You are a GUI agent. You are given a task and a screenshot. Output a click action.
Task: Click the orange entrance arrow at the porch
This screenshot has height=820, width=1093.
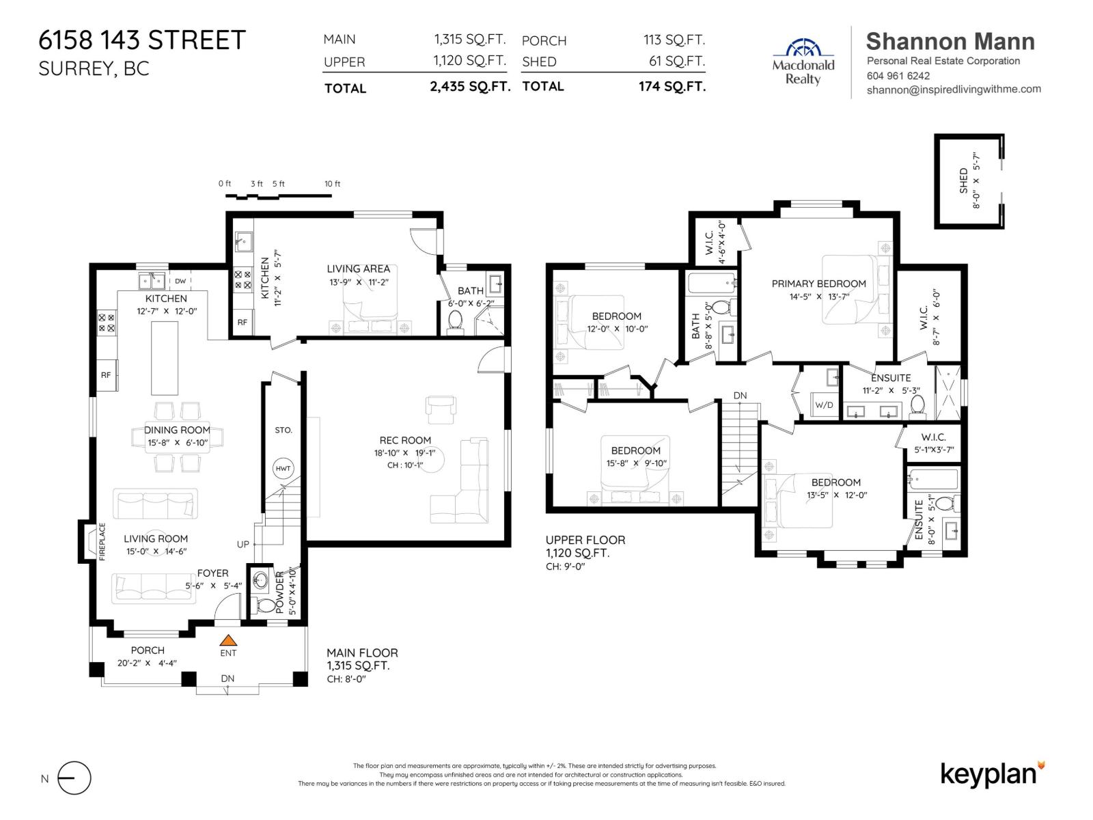coord(228,640)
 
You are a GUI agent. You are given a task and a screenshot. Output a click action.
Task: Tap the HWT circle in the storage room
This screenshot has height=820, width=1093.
coord(283,469)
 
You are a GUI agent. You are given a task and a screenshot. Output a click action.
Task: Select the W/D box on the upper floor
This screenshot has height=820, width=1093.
coord(824,405)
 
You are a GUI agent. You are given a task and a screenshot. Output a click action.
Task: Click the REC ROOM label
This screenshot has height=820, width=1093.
coord(405,441)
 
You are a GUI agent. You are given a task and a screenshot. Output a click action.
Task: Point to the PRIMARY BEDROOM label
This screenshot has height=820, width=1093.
coord(818,284)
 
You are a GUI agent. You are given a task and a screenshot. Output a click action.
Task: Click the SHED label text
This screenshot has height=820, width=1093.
coord(963,180)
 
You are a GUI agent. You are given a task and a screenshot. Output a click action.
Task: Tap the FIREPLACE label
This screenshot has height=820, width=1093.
coord(102,542)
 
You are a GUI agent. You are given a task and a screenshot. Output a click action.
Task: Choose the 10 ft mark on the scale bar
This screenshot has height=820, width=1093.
coord(332,184)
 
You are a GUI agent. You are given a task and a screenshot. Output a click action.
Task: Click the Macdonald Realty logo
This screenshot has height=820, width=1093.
coord(803,62)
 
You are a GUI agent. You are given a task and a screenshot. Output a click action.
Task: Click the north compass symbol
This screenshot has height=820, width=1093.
coord(74,778)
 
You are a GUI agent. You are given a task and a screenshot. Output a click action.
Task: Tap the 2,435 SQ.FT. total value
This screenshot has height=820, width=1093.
coord(470,87)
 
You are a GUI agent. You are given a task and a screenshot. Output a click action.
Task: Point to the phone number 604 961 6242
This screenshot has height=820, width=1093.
coord(898,76)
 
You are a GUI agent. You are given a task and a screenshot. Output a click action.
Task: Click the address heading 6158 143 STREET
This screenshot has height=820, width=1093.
coord(142,40)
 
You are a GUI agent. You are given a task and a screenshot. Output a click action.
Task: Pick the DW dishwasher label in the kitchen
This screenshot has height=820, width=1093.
coord(180,281)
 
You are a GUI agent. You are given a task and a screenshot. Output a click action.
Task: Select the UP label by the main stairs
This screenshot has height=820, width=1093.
coord(243,545)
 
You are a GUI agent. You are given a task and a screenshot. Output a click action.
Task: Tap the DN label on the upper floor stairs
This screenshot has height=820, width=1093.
coord(740,396)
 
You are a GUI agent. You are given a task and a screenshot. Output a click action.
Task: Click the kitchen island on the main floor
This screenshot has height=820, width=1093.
coord(164,357)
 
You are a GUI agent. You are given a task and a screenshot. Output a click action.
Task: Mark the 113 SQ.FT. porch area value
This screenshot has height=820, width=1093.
coord(674,40)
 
